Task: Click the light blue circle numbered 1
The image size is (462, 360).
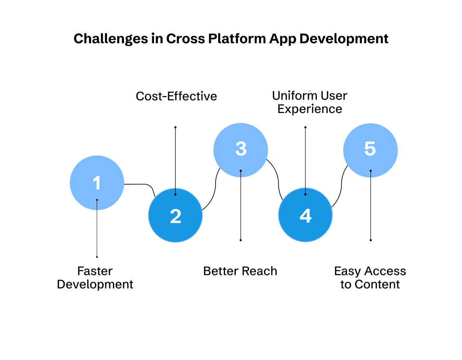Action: tap(97, 183)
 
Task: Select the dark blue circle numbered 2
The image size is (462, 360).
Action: tap(175, 216)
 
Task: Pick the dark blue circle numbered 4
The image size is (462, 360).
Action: tap(305, 216)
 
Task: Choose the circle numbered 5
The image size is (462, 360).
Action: tap(370, 150)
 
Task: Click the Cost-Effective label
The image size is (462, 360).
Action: tap(176, 96)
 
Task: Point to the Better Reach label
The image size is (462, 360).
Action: tap(240, 271)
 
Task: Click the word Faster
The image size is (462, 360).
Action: tap(95, 271)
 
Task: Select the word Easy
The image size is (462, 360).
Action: tap(347, 271)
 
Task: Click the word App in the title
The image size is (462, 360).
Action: tap(282, 39)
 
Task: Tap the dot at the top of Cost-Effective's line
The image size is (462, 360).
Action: tap(175, 127)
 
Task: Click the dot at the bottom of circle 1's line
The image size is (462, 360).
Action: tap(97, 257)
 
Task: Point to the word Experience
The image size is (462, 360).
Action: tap(310, 109)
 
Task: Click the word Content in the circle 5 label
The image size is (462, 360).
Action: tap(377, 284)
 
